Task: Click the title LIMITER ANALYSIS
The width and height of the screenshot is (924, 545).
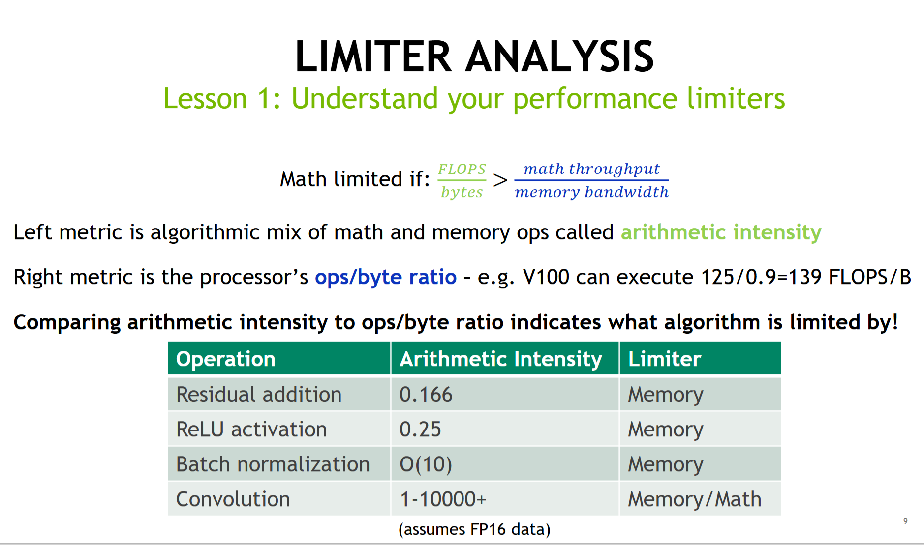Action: click(474, 57)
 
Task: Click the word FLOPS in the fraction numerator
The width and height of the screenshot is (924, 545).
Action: click(462, 169)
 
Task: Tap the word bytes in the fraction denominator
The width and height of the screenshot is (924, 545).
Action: click(462, 192)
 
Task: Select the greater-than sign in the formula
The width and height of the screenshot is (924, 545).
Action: click(500, 180)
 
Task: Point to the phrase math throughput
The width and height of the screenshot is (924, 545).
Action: click(591, 169)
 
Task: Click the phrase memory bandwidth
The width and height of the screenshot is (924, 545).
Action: click(591, 192)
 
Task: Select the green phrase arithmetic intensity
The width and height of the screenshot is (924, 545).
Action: click(721, 232)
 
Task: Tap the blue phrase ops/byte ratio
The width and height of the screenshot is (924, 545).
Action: click(386, 277)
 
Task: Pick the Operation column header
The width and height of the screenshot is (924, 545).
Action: click(226, 359)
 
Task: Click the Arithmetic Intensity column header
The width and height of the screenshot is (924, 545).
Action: click(501, 359)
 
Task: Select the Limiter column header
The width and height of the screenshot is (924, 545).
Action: click(665, 359)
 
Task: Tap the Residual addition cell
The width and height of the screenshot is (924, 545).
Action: click(259, 394)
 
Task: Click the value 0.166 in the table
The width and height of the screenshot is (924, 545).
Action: click(426, 394)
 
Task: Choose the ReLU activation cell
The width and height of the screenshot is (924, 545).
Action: click(251, 429)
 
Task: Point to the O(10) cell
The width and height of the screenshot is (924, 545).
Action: click(426, 464)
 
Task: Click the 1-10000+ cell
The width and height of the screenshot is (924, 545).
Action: click(443, 499)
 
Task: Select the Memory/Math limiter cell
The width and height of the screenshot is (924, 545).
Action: click(695, 499)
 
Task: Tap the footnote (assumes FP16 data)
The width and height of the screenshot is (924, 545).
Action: click(474, 529)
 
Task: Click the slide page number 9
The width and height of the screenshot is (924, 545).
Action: click(905, 521)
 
